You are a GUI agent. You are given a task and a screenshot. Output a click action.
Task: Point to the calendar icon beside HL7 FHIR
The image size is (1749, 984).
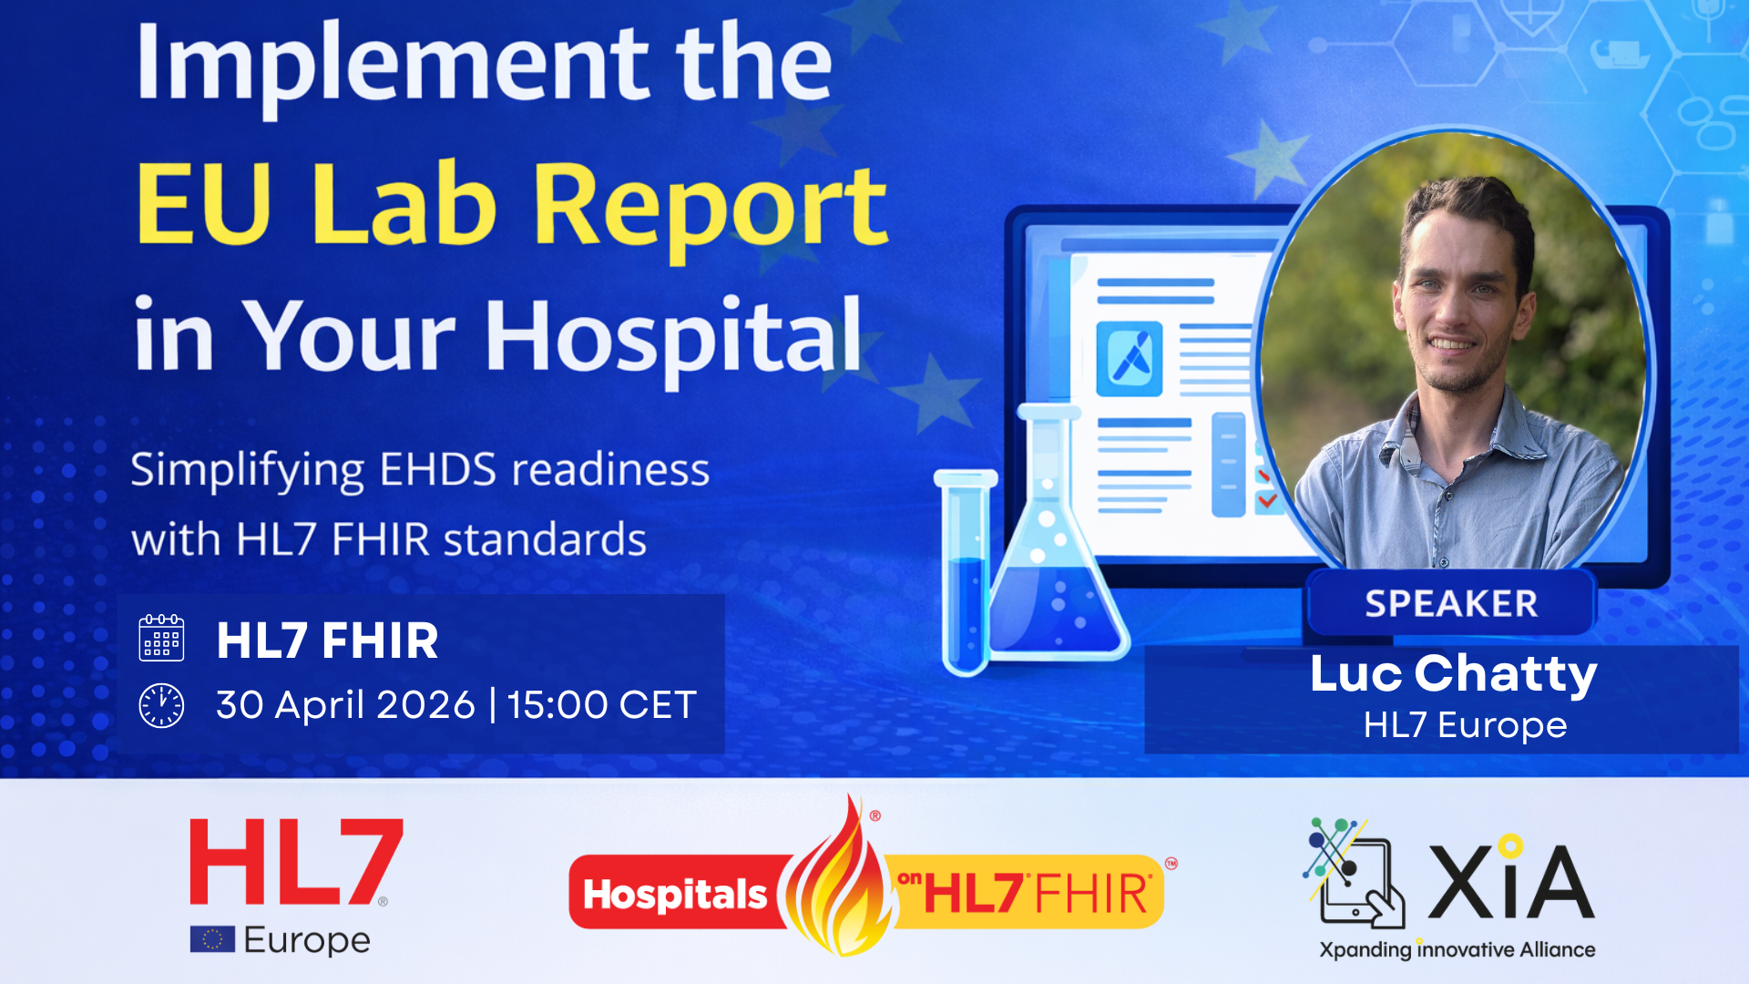[161, 638]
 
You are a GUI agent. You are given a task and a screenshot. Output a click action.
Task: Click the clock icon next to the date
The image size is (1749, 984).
[161, 705]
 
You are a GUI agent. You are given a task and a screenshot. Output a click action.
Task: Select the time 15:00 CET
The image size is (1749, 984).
[601, 705]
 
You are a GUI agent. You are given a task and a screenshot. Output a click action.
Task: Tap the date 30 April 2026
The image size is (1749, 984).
[345, 705]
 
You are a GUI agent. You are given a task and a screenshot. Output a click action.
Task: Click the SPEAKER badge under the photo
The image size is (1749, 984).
[1451, 603]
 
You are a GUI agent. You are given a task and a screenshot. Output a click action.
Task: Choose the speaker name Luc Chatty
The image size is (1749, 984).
[1453, 674]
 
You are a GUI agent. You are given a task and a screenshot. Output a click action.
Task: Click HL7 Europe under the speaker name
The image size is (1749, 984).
[1465, 725]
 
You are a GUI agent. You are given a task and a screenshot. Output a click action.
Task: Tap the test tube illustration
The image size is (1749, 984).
[966, 574]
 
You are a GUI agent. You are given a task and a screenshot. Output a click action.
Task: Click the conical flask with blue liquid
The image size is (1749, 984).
[1057, 556]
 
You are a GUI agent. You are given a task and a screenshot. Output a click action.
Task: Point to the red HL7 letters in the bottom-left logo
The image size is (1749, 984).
[295, 861]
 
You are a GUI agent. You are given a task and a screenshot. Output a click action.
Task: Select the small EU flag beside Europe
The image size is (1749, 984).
[212, 939]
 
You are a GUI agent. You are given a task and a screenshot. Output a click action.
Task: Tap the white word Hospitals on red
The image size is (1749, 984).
[675, 895]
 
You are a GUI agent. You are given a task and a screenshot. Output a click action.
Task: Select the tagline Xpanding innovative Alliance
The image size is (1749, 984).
[1457, 949]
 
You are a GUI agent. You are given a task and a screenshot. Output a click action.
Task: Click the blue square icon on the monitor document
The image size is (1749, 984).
[1129, 359]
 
